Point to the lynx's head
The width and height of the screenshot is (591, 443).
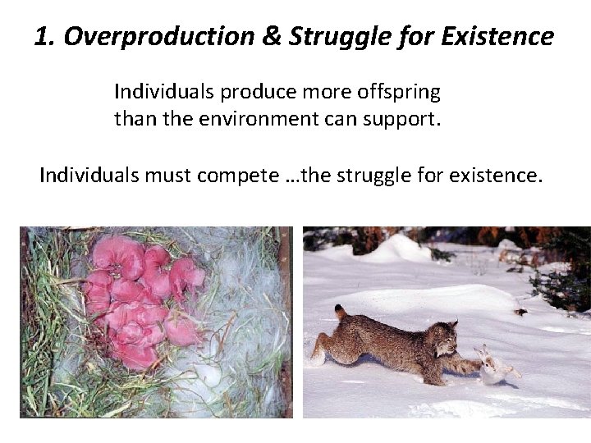coord(442,336)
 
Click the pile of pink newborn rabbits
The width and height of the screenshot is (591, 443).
coord(140,295)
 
